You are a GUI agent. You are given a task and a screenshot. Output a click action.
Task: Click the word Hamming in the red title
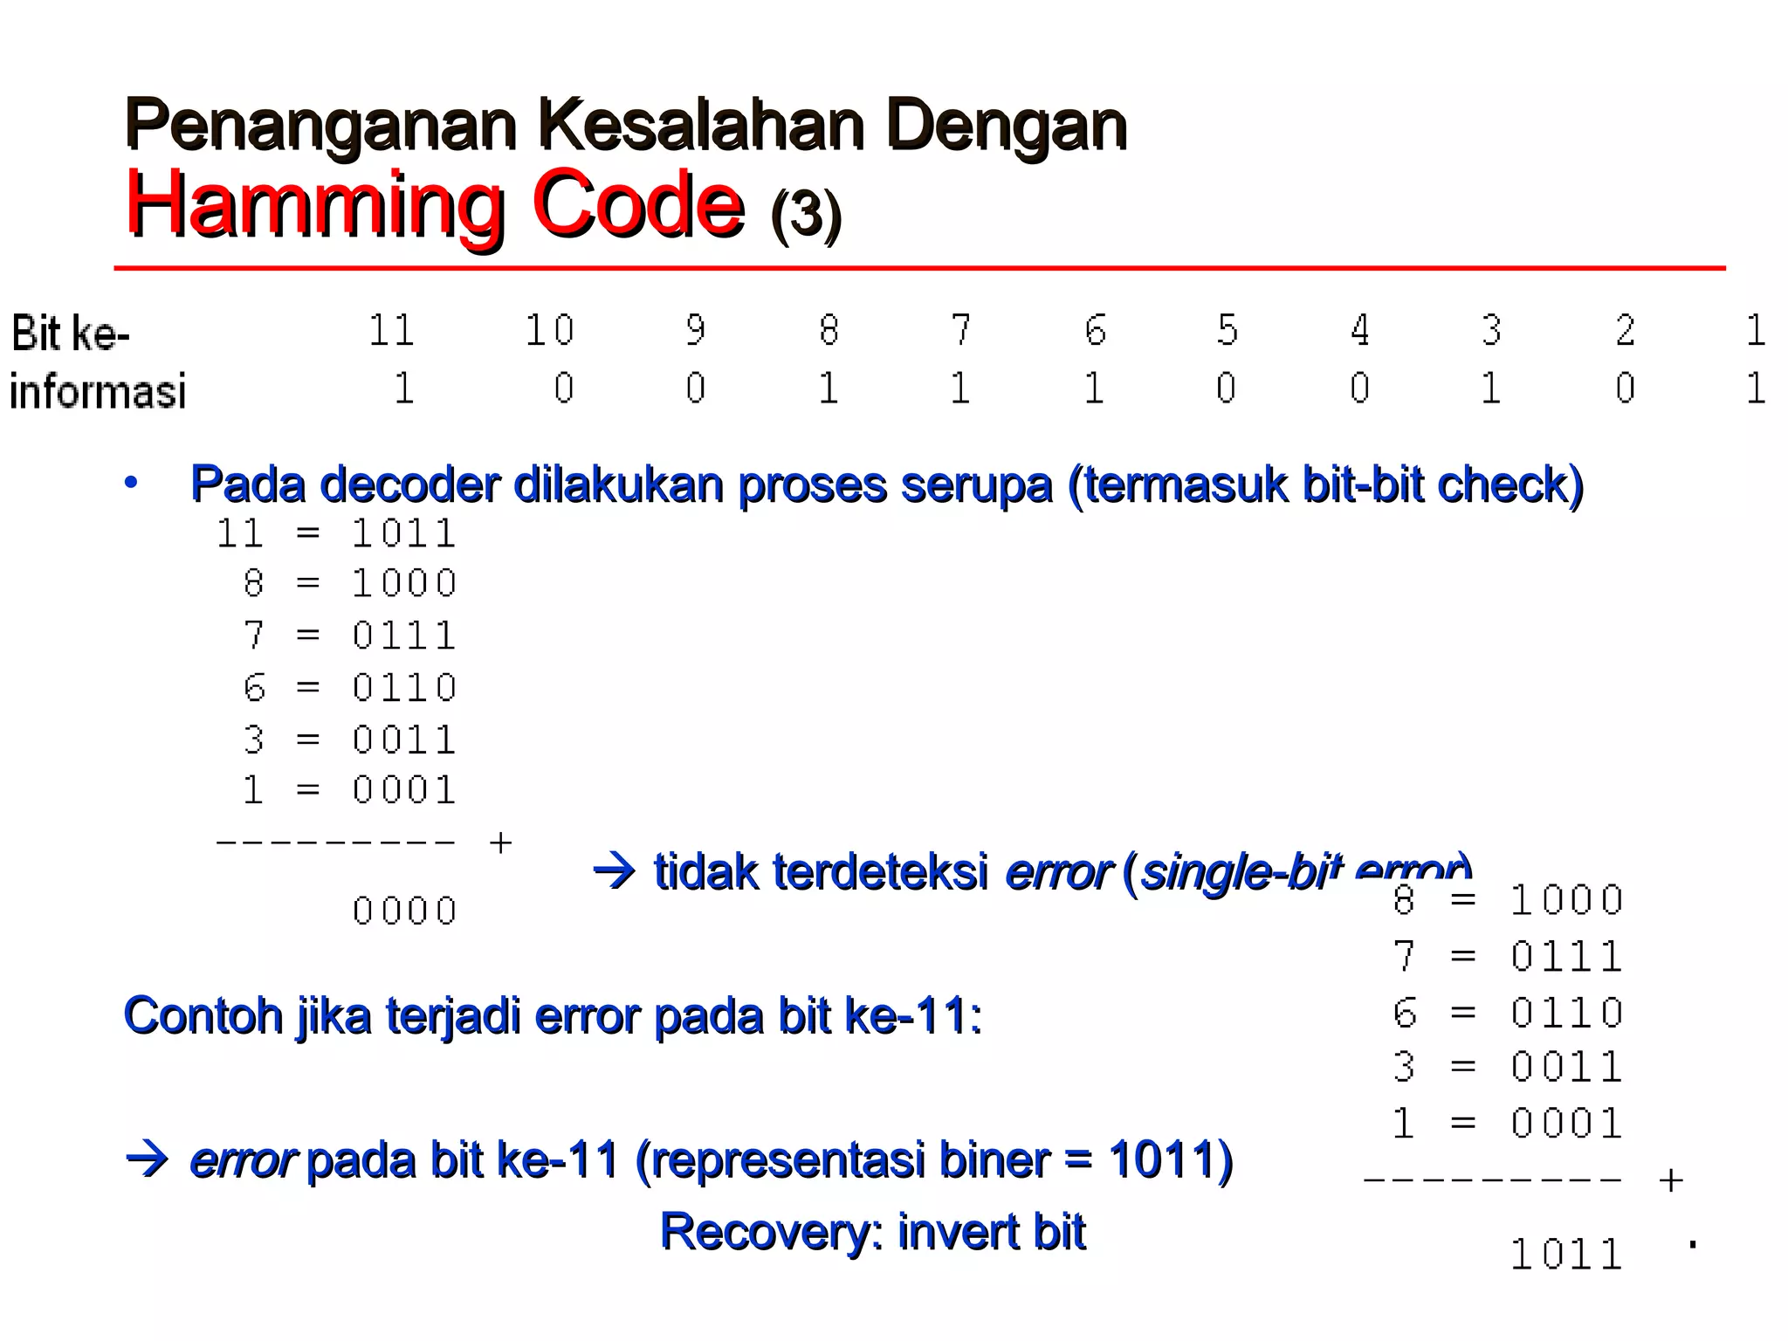(x=314, y=205)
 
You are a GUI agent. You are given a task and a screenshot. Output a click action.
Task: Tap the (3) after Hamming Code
(x=806, y=214)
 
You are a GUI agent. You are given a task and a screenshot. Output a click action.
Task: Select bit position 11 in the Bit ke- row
(x=390, y=331)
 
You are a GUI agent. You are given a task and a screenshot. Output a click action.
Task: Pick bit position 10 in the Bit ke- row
(x=549, y=331)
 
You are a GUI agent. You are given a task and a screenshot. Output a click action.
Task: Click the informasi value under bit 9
(x=695, y=389)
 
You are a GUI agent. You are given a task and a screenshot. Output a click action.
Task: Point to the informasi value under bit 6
(x=1094, y=389)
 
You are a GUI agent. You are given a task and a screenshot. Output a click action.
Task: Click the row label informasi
(x=98, y=390)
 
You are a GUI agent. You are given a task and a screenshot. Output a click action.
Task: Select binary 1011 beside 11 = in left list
(x=404, y=533)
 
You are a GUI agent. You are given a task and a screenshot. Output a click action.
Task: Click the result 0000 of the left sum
(x=404, y=911)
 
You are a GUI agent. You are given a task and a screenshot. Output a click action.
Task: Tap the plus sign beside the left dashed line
(x=500, y=842)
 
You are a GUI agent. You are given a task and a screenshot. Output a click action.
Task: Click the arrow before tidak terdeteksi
(x=615, y=871)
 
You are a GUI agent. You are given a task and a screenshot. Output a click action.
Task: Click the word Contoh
(x=203, y=1016)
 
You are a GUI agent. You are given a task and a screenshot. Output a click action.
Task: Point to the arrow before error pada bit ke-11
(x=147, y=1160)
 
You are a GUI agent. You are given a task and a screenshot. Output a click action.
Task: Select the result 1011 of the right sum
(x=1566, y=1255)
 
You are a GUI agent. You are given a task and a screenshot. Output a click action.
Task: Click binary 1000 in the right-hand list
(x=1566, y=900)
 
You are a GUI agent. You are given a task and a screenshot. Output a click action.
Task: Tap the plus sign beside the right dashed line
(x=1670, y=1180)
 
